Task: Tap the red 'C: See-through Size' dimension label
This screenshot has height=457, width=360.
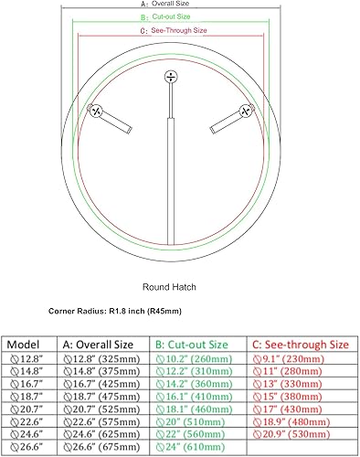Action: point(174,30)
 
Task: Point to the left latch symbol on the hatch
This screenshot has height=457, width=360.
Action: point(95,111)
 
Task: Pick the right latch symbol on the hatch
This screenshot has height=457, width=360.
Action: point(244,111)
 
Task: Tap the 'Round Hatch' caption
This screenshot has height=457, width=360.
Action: point(169,286)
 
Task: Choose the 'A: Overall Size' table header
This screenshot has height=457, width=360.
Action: point(100,345)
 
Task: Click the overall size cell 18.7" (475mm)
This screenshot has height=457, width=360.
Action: point(100,399)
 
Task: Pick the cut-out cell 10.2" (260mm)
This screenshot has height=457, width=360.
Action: point(194,359)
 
